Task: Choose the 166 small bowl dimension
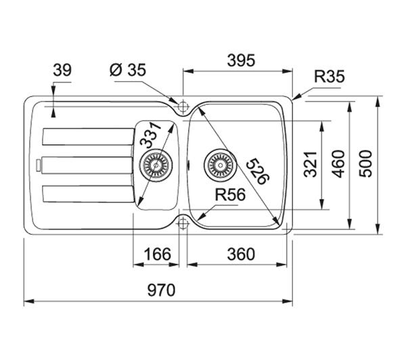[x=158, y=254]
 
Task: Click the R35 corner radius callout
[x=329, y=77]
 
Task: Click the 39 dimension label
[x=62, y=70]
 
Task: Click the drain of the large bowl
[x=219, y=164]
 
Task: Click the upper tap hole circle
[x=182, y=106]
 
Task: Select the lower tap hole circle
[x=182, y=222]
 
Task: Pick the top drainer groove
[x=85, y=137]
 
